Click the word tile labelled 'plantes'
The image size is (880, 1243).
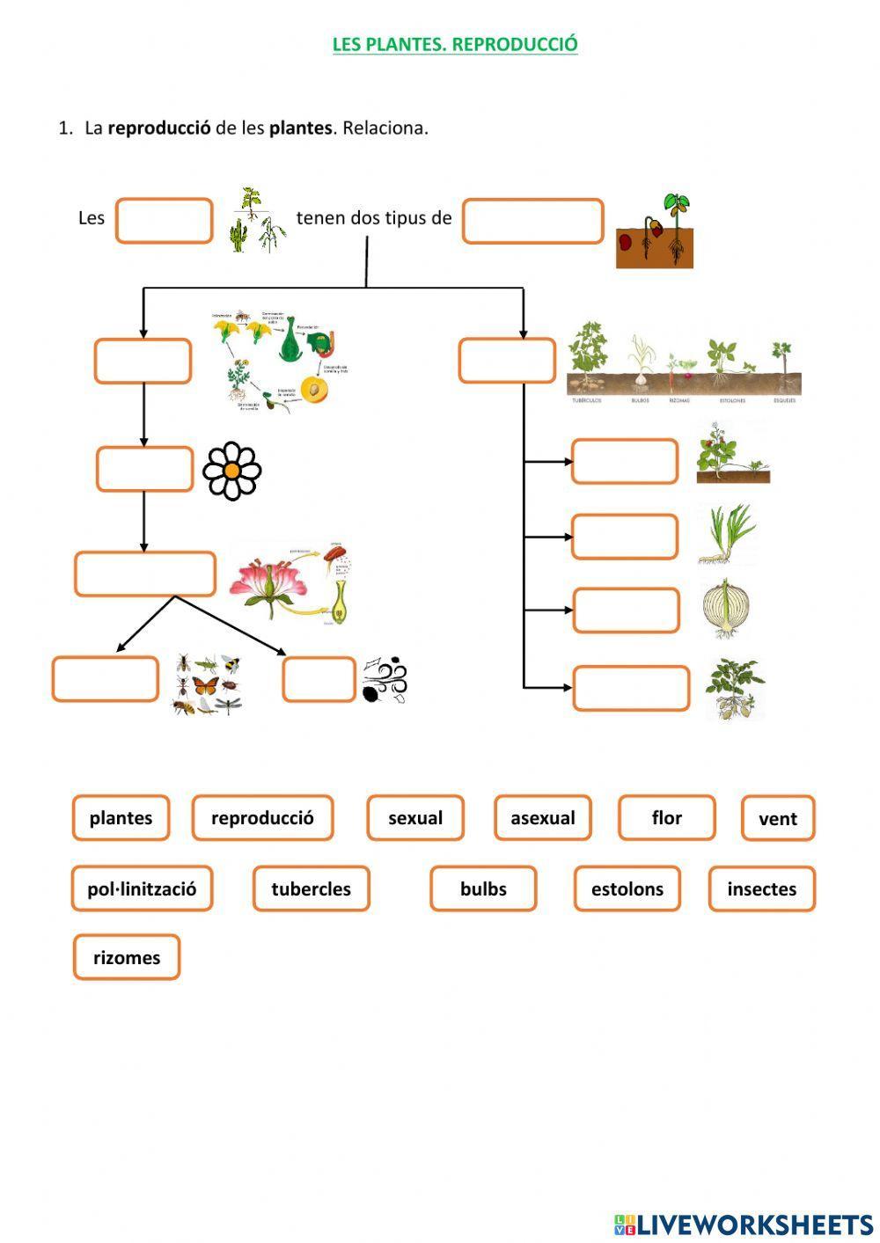coord(121,818)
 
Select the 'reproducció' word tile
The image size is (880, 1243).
coord(262,818)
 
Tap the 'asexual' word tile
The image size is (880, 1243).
coord(542,818)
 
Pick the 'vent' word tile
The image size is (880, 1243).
coord(778,819)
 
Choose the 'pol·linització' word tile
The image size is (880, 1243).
coord(142,889)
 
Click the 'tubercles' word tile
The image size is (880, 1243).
coord(311,889)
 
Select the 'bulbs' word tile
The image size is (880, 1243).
coord(483,889)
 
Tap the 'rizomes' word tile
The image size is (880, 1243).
coord(127,958)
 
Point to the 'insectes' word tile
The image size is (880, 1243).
coord(761,889)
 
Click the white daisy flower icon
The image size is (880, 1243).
coord(232,472)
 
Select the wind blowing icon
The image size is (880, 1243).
coord(385,680)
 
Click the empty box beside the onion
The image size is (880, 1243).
coord(626,611)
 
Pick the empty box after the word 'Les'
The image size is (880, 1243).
coord(164,221)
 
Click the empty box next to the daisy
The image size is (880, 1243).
coord(144,470)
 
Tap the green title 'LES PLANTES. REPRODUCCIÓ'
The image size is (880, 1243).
coord(455,44)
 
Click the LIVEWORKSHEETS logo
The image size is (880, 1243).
coord(743,1224)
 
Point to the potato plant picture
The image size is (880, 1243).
coord(735,690)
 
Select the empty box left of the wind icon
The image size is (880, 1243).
coord(319,680)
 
